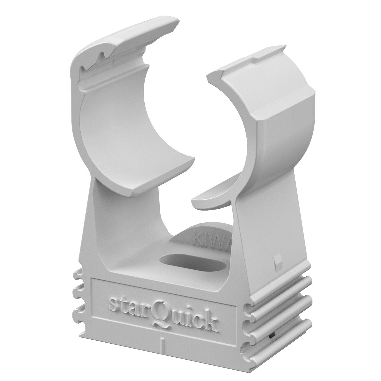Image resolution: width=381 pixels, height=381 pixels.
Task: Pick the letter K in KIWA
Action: tap(197, 236)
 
